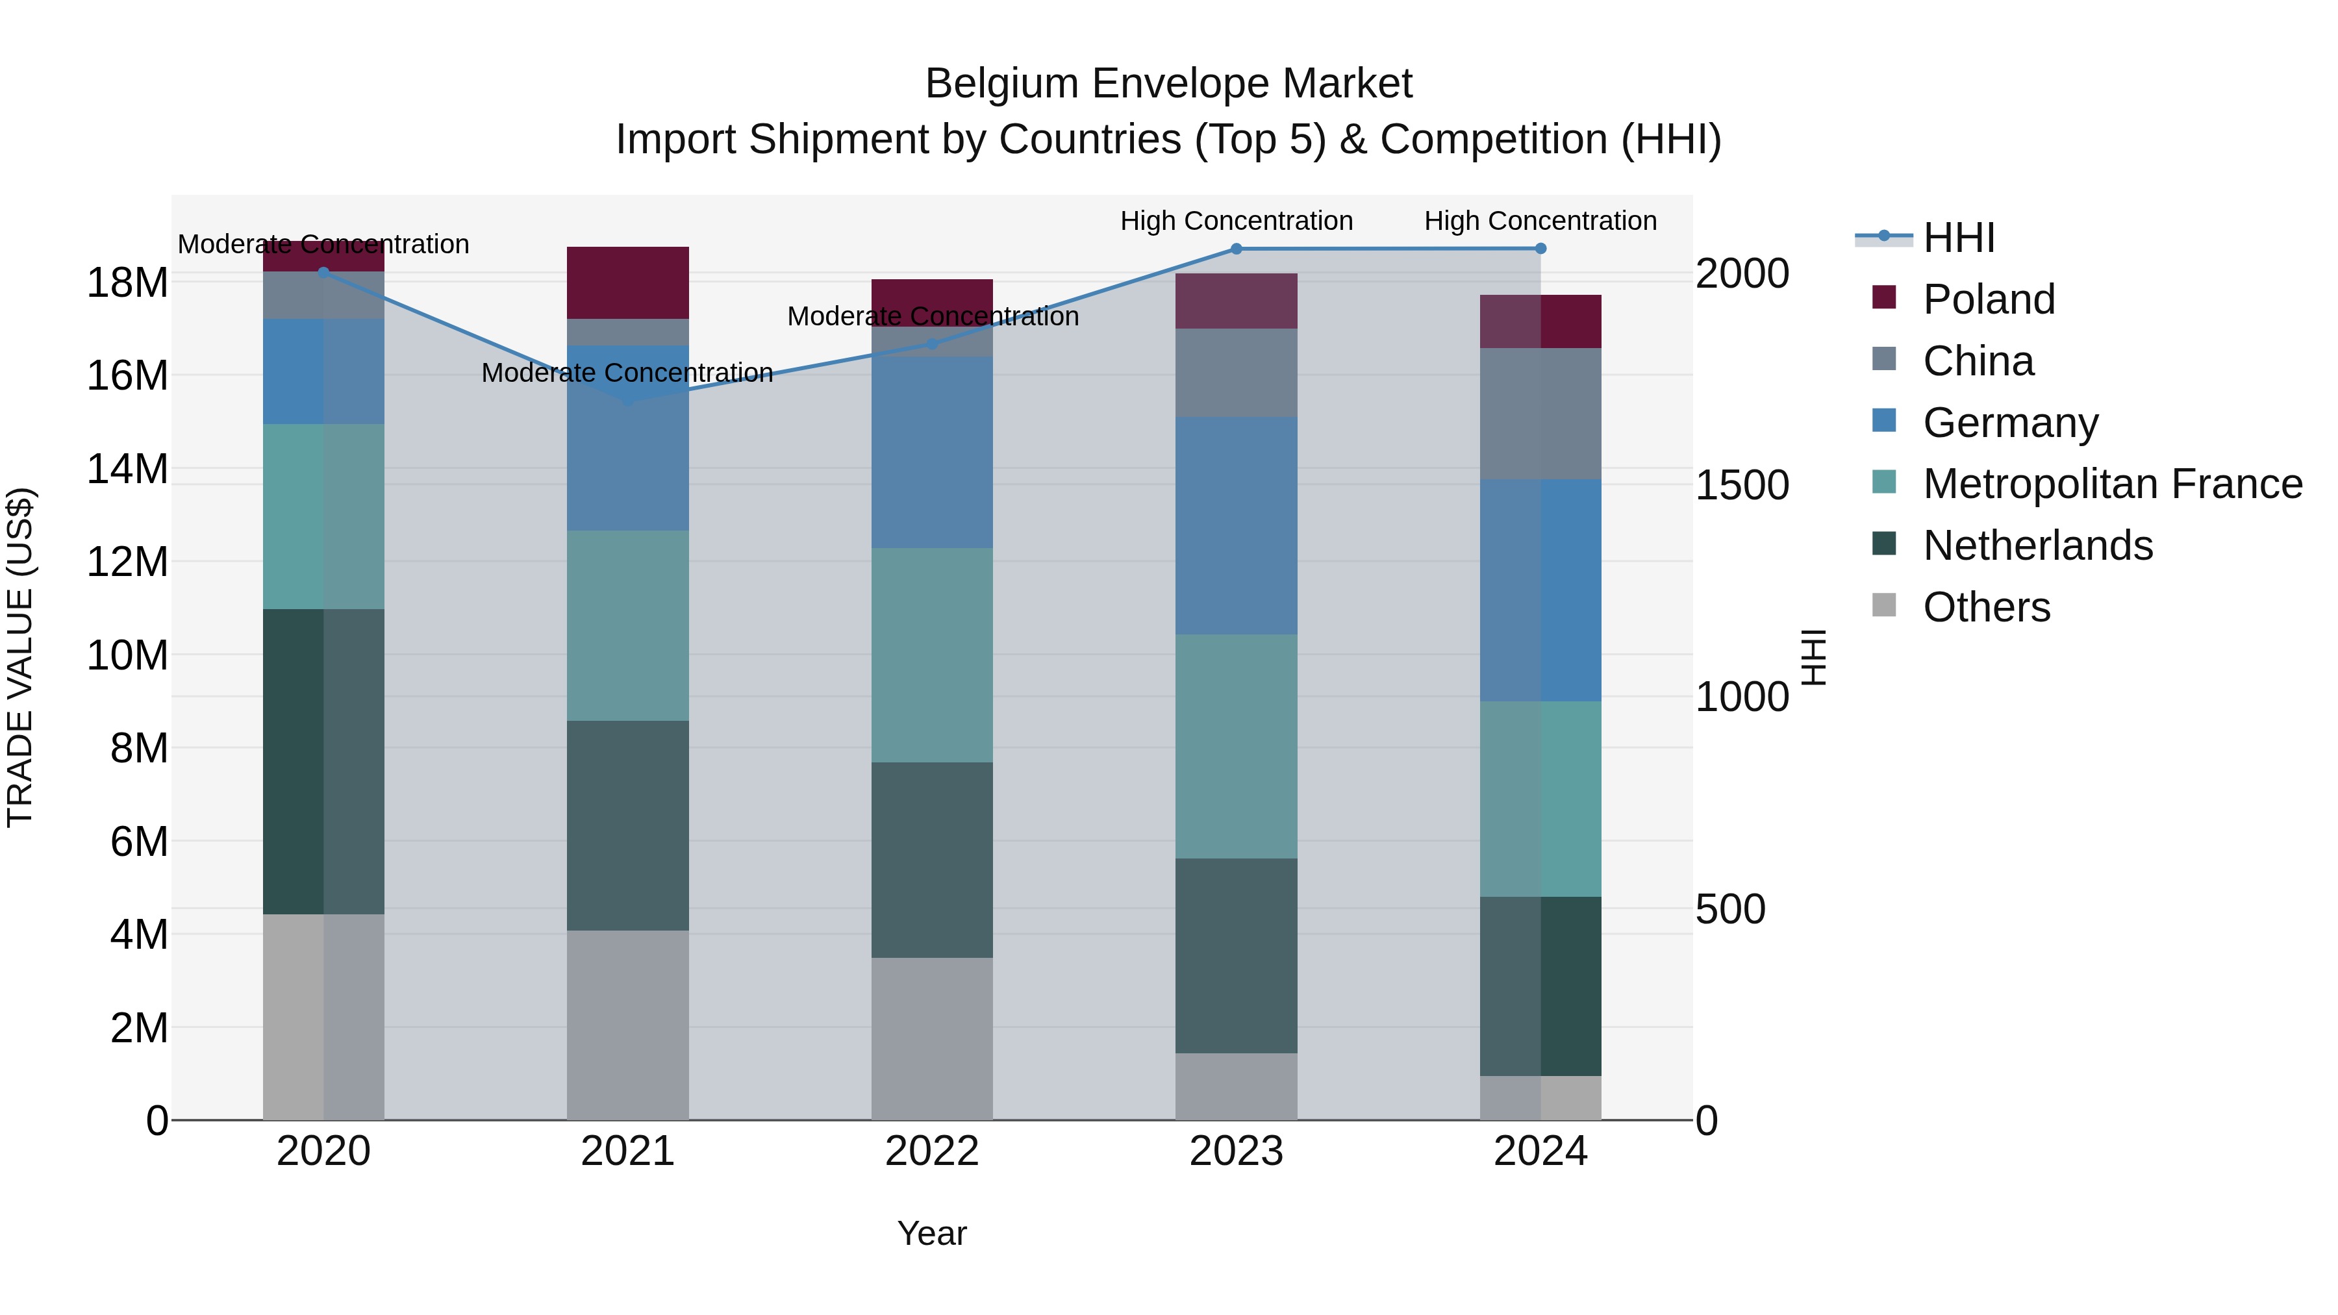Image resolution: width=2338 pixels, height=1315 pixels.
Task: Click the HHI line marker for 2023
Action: pyautogui.click(x=1236, y=249)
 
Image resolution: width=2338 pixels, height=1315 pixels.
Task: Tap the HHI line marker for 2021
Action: pyautogui.click(x=628, y=399)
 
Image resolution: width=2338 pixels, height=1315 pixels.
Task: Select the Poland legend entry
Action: pyautogui.click(x=1988, y=299)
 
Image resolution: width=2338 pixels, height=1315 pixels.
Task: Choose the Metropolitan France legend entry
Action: pyautogui.click(x=2112, y=484)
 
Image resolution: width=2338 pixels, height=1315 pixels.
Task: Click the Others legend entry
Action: pyautogui.click(x=1986, y=607)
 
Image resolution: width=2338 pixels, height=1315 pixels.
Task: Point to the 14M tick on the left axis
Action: pyautogui.click(x=127, y=470)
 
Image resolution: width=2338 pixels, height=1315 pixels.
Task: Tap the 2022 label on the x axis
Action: pyautogui.click(x=932, y=1151)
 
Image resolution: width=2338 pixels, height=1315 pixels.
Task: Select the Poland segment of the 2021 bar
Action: pyautogui.click(x=628, y=282)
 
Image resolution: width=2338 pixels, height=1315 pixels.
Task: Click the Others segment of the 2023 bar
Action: pyautogui.click(x=1236, y=1086)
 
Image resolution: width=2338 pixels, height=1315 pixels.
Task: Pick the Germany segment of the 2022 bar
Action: pyautogui.click(x=932, y=452)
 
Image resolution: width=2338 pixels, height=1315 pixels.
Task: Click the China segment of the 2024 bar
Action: pyautogui.click(x=1540, y=414)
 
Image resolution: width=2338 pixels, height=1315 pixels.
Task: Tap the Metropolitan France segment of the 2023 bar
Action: pyautogui.click(x=1236, y=746)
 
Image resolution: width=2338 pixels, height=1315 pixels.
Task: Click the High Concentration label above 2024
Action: pyautogui.click(x=1540, y=221)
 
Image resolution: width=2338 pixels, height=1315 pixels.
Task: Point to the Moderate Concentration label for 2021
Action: pyautogui.click(x=627, y=373)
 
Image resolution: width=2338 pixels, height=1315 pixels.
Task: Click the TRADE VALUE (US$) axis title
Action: pyautogui.click(x=20, y=657)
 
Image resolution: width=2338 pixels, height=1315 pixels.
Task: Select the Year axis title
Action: pyautogui.click(x=932, y=1233)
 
